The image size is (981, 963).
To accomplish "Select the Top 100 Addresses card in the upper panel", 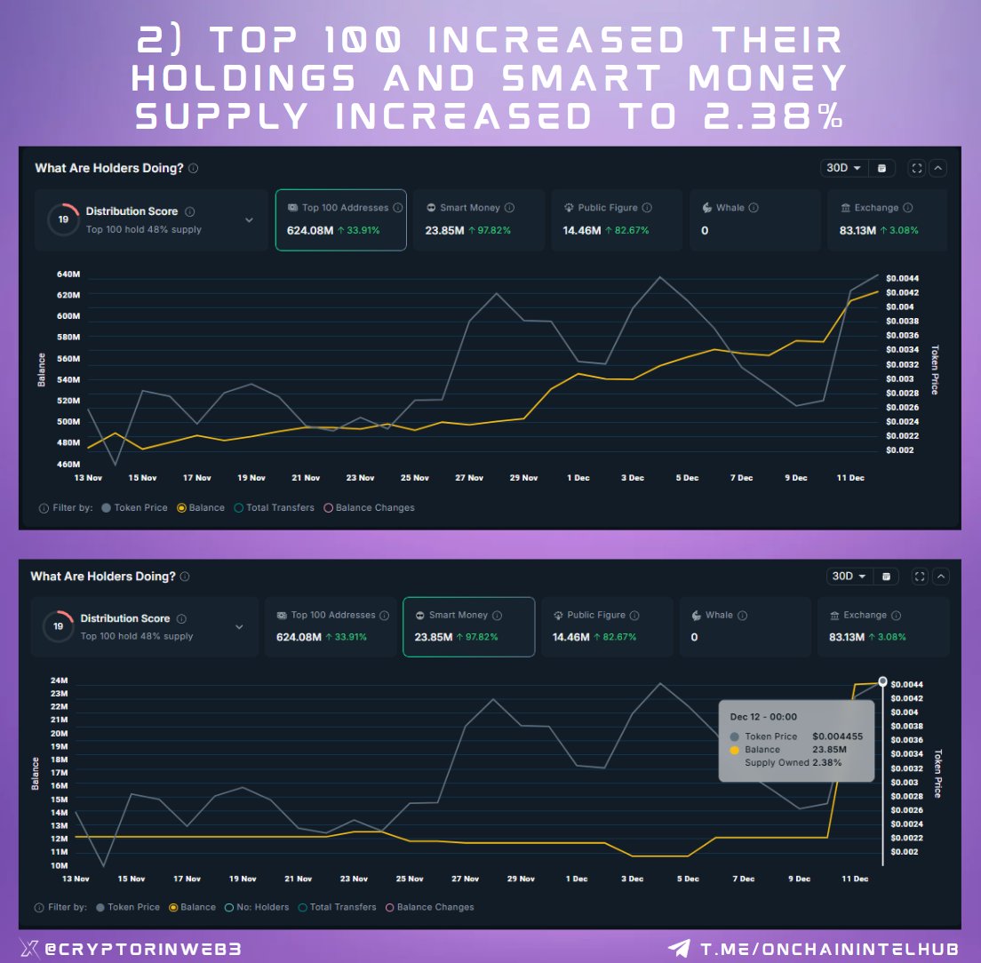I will pyautogui.click(x=340, y=219).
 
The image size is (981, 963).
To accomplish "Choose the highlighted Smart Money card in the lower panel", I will pyautogui.click(x=468, y=626).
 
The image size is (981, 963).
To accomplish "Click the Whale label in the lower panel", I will pyautogui.click(x=719, y=615).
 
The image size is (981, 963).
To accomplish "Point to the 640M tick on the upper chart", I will pyautogui.click(x=68, y=274).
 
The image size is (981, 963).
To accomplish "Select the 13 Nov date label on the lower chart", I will pyautogui.click(x=76, y=879).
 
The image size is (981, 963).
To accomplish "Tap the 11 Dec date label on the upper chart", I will pyautogui.click(x=850, y=478).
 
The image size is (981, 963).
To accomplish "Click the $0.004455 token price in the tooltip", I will pyautogui.click(x=837, y=736).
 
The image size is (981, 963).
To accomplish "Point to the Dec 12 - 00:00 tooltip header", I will pyautogui.click(x=763, y=717).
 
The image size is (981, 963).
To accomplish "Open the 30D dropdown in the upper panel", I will pyautogui.click(x=844, y=168).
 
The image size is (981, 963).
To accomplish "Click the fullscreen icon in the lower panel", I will pyautogui.click(x=919, y=577).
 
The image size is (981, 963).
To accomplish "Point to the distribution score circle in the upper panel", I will pyautogui.click(x=63, y=219).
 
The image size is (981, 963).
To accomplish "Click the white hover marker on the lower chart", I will pyautogui.click(x=882, y=681).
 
